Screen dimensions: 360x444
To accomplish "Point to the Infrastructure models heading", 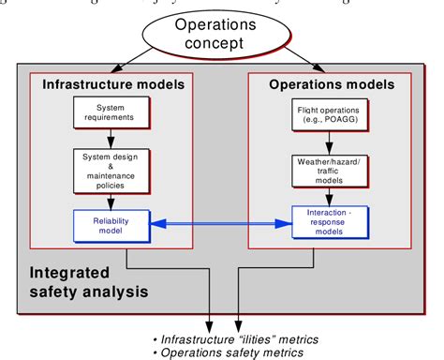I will [111, 84].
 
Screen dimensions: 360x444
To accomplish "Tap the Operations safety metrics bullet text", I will [229, 352].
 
